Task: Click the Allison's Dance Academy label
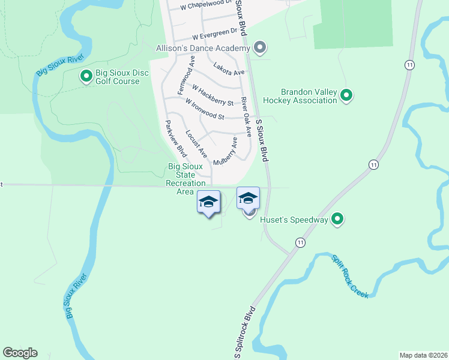[202, 47]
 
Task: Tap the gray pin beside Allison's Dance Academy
[260, 47]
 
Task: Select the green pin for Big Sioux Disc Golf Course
[86, 76]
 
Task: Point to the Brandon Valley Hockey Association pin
[346, 95]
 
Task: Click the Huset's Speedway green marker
[337, 220]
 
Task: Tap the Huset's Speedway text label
[294, 220]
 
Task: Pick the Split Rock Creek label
[350, 277]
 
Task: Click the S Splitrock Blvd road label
[245, 334]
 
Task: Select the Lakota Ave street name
[229, 70]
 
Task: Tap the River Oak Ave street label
[246, 116]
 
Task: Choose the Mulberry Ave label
[225, 152]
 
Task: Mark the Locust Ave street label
[196, 144]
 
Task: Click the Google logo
[20, 353]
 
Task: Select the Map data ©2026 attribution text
[423, 355]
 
